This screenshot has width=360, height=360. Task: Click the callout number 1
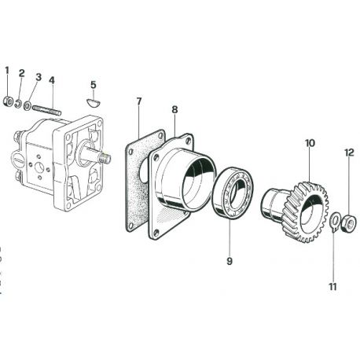(7, 71)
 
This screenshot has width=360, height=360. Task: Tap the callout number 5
(94, 85)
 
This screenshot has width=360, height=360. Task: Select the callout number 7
(139, 101)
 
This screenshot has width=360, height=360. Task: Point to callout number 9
(230, 261)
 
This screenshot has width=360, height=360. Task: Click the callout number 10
(310, 143)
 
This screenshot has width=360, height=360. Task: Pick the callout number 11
(332, 287)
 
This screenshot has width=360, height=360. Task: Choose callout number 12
(350, 152)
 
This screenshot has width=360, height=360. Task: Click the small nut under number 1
(8, 101)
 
